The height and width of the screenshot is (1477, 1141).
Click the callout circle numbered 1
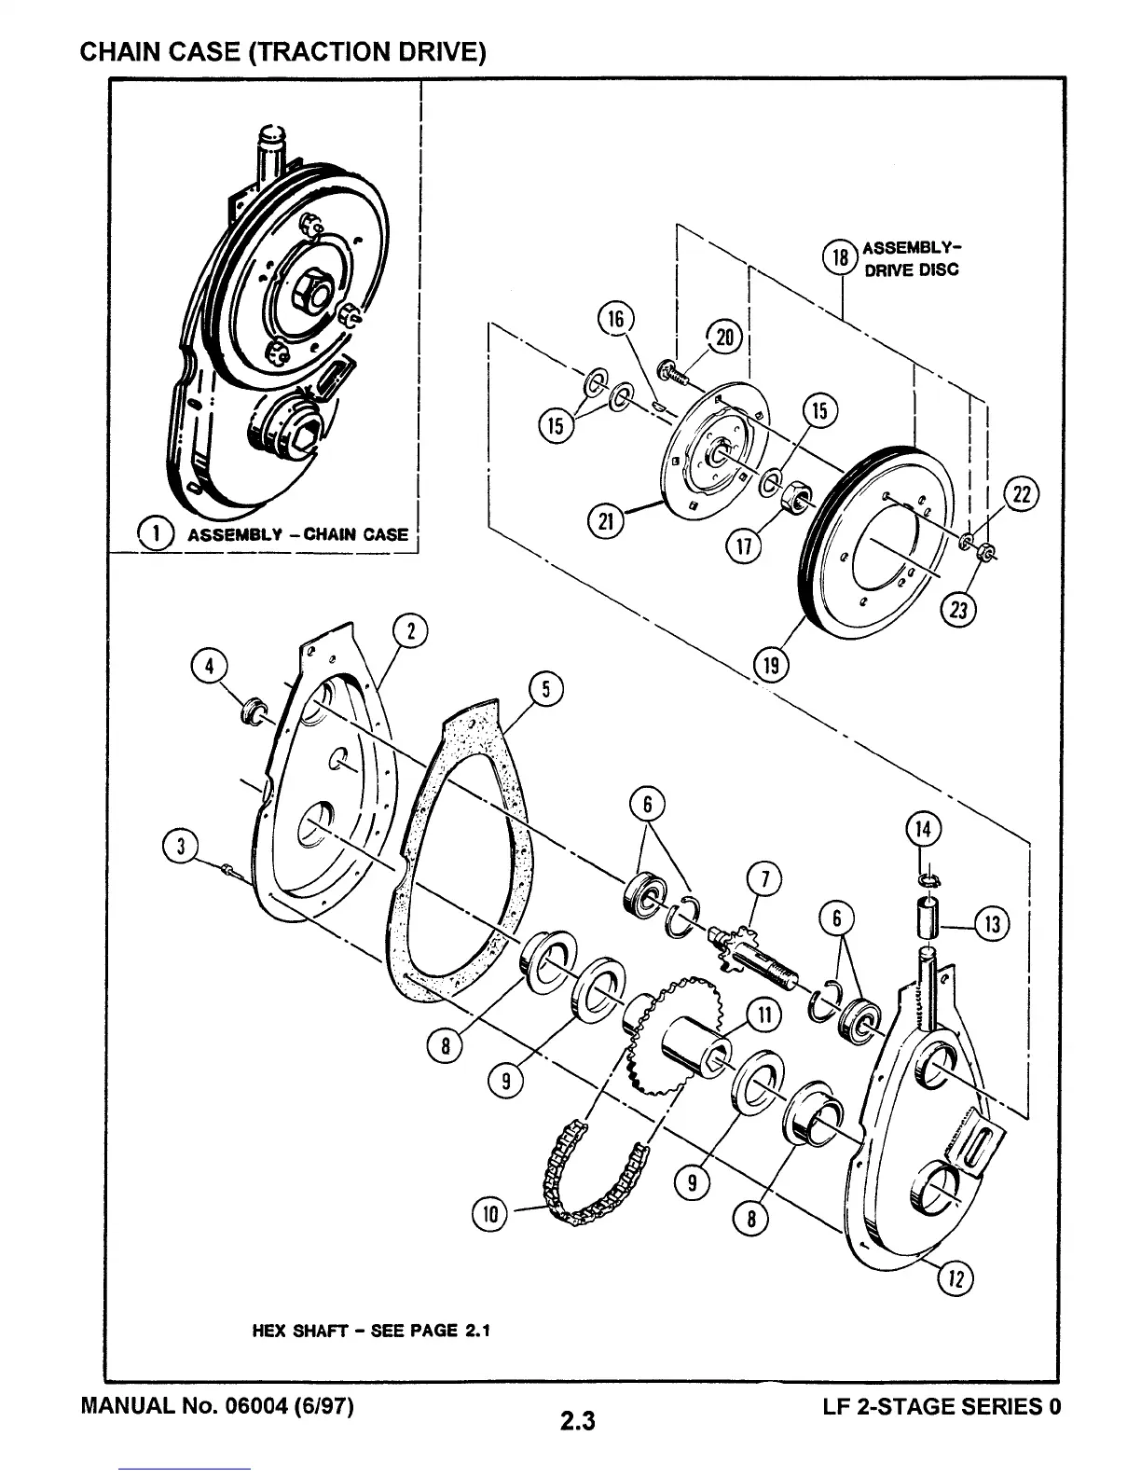click(159, 534)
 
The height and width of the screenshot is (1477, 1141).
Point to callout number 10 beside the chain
click(492, 1213)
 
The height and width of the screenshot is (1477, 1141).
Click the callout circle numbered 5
click(545, 690)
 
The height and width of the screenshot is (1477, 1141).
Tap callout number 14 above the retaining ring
click(923, 829)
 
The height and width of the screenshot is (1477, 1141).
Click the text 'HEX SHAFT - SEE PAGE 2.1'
click(370, 1330)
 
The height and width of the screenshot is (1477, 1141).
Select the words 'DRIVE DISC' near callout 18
click(911, 270)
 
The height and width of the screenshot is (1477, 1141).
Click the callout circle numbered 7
click(764, 879)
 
